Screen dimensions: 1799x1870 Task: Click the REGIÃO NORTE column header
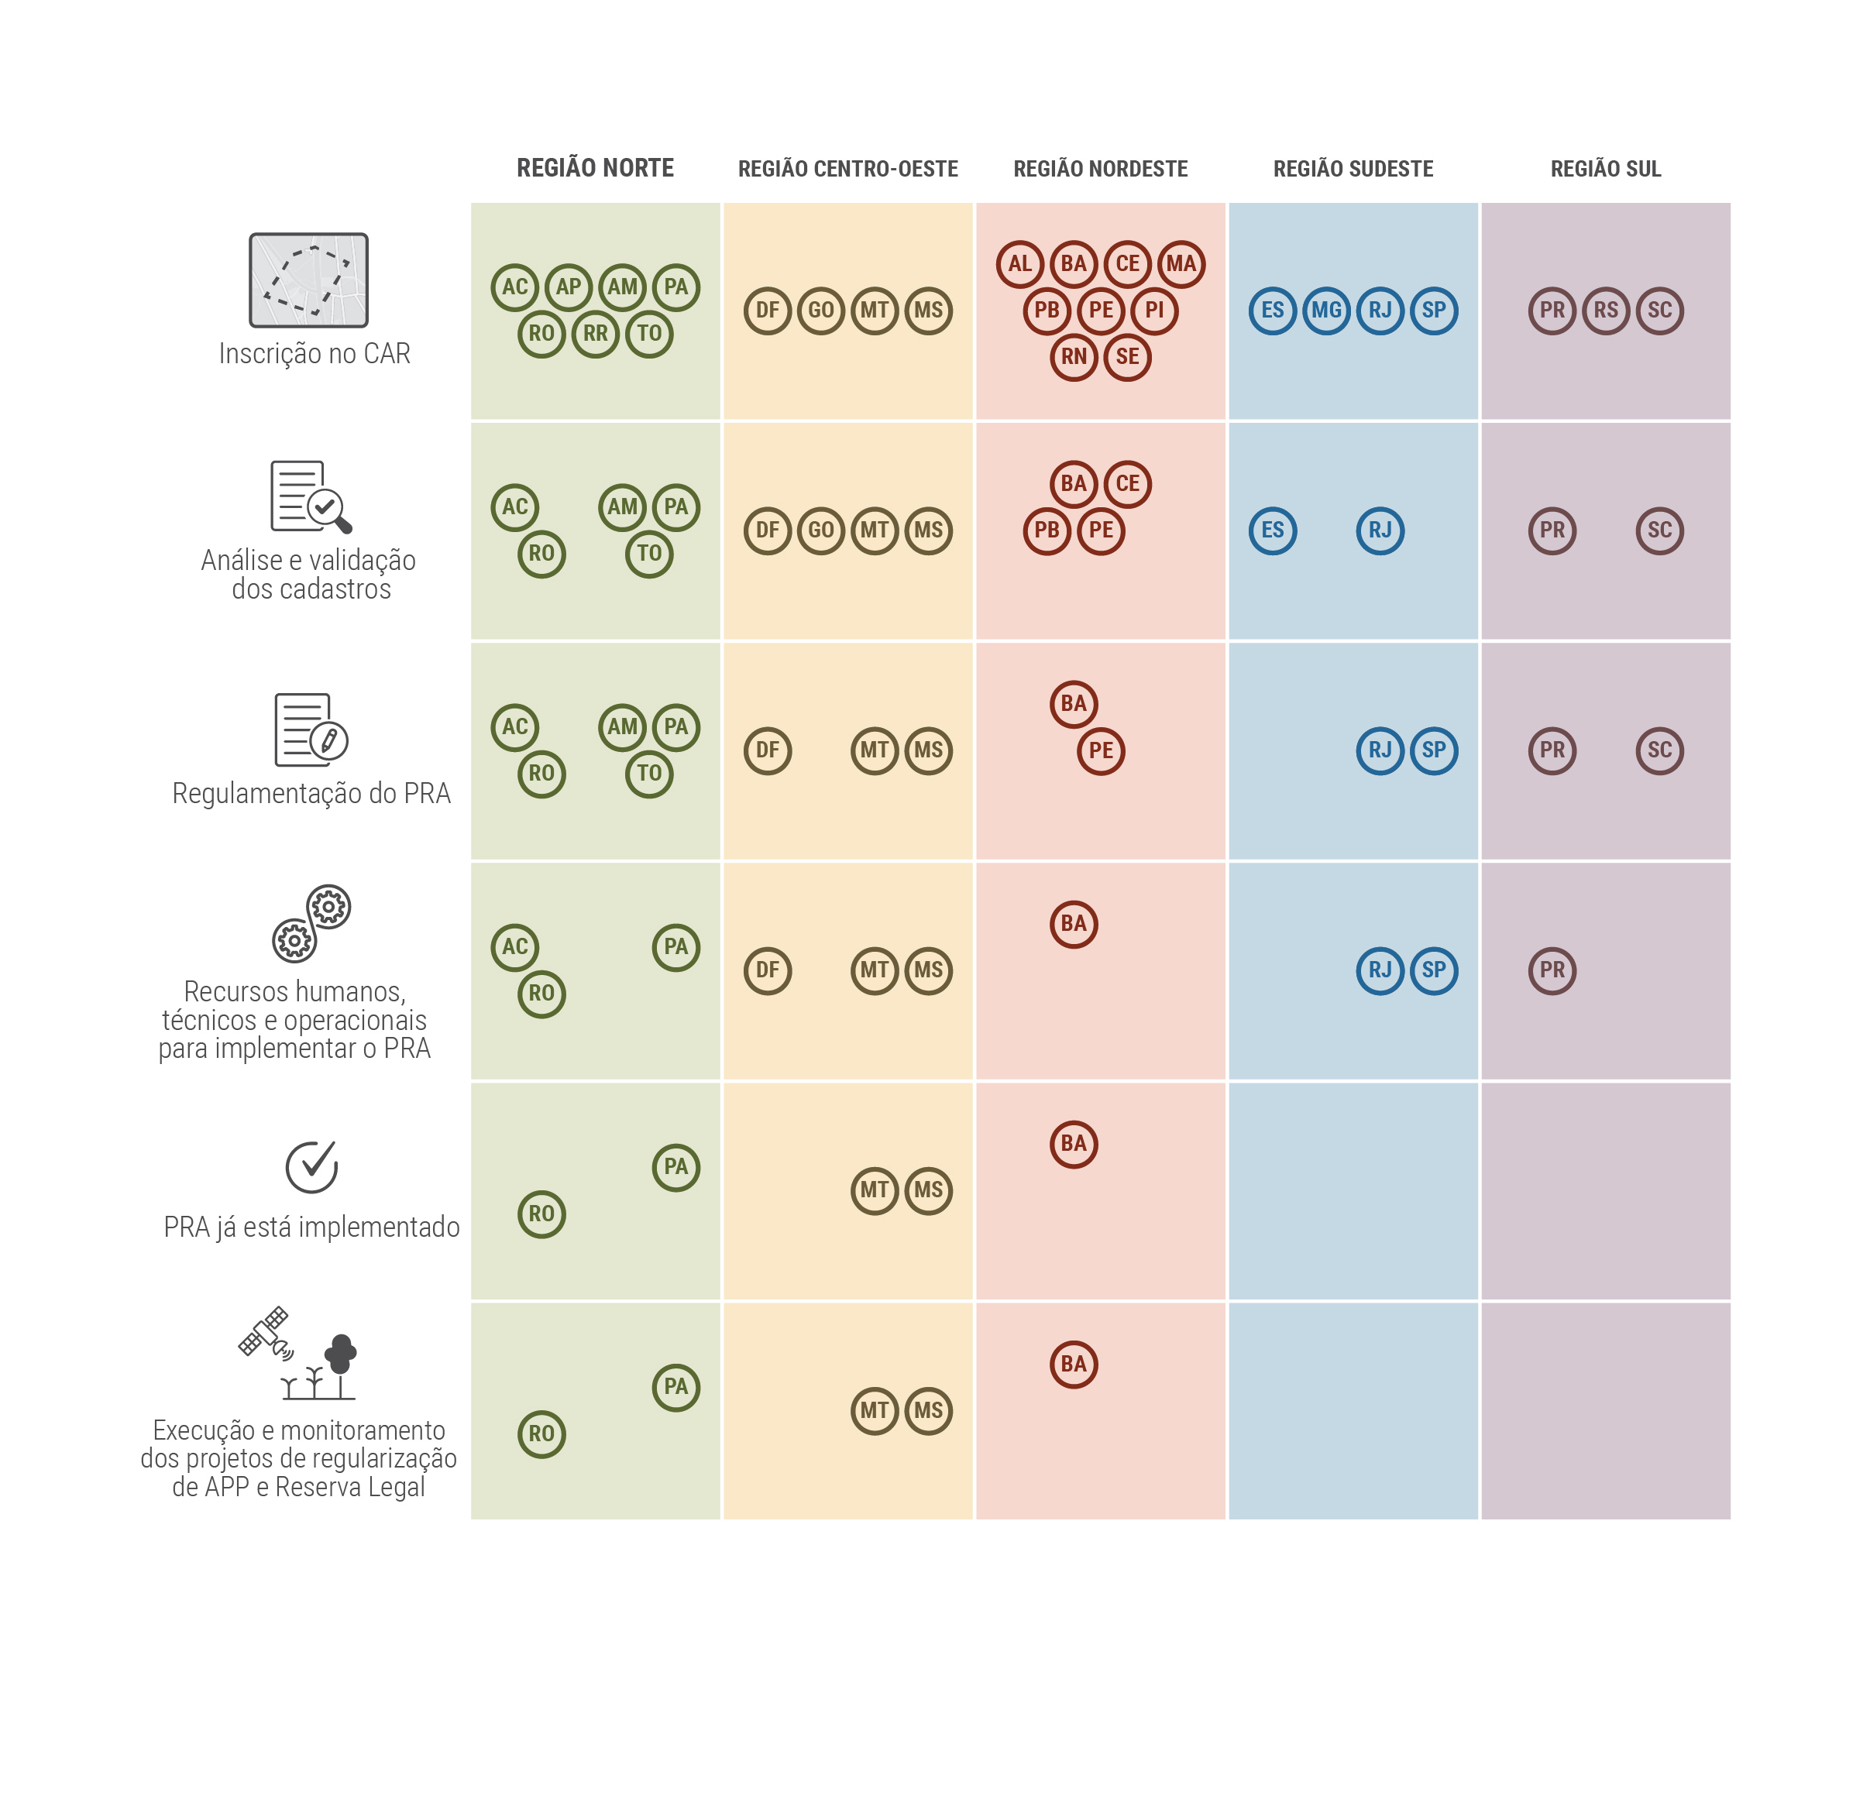click(x=596, y=169)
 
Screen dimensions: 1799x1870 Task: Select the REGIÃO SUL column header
click(x=1605, y=170)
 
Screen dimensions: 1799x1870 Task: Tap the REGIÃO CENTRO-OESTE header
click(x=847, y=170)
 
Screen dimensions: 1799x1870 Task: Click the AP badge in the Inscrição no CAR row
click(x=569, y=287)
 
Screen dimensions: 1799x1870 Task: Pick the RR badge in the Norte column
click(x=596, y=334)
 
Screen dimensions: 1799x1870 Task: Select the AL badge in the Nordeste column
click(x=1020, y=264)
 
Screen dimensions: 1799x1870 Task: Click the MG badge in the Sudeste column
click(x=1326, y=310)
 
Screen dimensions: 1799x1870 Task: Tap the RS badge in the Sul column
click(x=1606, y=310)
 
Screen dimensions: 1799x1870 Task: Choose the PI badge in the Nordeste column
click(x=1154, y=310)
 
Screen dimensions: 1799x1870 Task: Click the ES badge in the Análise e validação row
click(x=1273, y=530)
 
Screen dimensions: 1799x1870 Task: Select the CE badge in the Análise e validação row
click(x=1128, y=483)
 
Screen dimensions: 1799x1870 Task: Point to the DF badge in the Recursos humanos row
click(x=767, y=970)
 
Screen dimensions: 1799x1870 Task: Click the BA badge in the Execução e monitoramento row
click(x=1074, y=1364)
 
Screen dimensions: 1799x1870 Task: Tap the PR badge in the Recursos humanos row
click(x=1552, y=970)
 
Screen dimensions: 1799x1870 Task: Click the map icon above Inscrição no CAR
click(x=308, y=280)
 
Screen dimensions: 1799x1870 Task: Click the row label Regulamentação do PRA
click(x=311, y=794)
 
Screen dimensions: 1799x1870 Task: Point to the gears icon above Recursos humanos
click(x=311, y=923)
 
